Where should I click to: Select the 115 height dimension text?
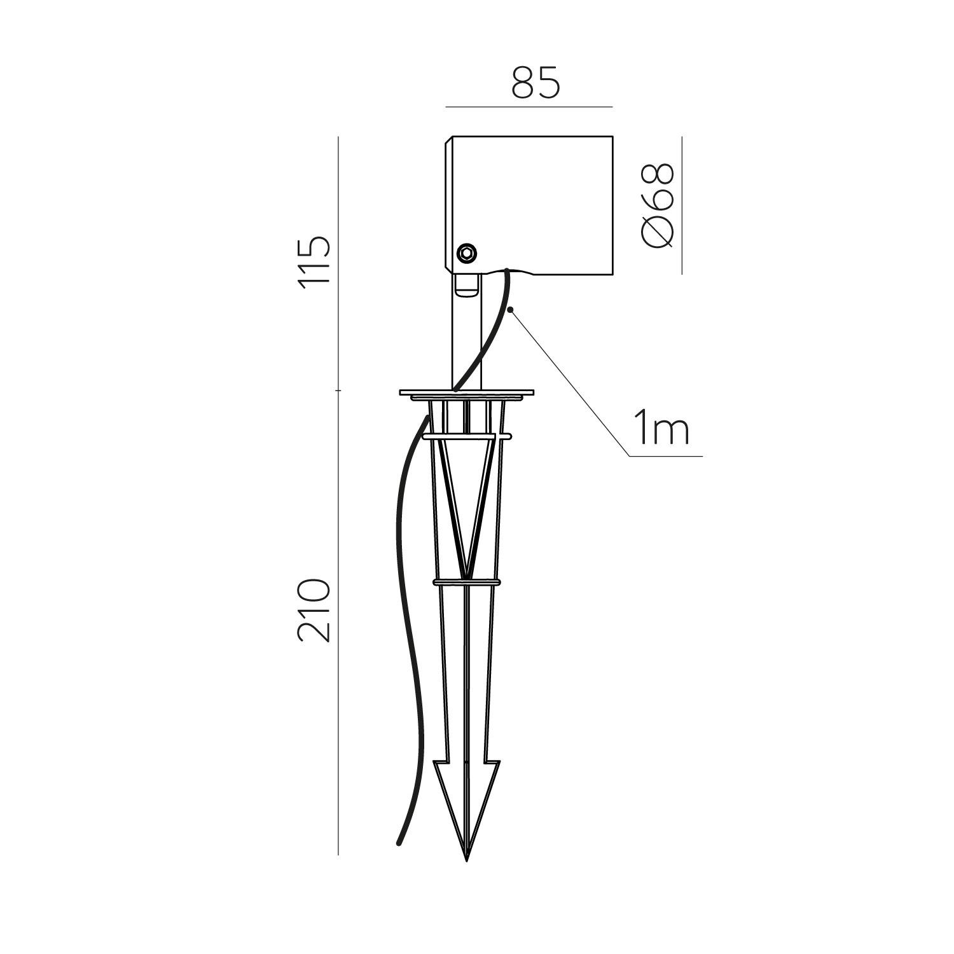(x=316, y=262)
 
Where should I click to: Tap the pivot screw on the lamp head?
(x=467, y=252)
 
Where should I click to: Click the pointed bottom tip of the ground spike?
(x=467, y=860)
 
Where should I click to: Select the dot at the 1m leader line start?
(x=512, y=310)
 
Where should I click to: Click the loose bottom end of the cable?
(x=399, y=843)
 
